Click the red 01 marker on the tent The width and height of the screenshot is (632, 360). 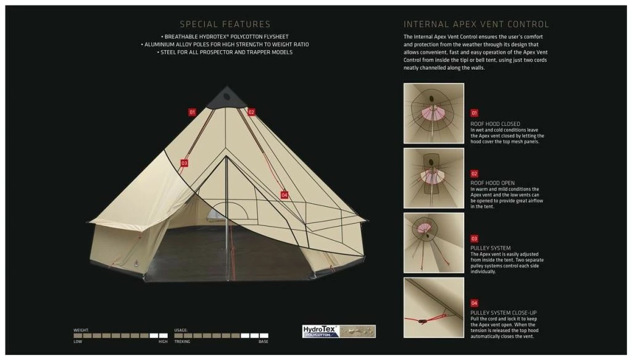click(192, 112)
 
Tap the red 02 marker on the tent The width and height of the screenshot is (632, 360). click(251, 112)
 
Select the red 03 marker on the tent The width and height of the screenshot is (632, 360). click(184, 163)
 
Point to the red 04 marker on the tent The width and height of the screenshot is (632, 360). click(284, 195)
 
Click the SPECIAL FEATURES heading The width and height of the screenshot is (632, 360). click(225, 24)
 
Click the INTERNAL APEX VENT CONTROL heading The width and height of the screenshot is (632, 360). click(476, 24)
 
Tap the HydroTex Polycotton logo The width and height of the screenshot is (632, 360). click(339, 332)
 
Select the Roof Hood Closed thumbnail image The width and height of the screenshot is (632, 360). click(434, 113)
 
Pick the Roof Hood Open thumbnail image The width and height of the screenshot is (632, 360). click(434, 178)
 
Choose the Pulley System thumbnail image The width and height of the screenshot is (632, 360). click(434, 243)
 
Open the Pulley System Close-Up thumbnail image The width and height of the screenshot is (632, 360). click(434, 308)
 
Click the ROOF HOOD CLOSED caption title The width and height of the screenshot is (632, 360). click(495, 123)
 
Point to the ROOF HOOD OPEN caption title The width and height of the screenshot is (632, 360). click(492, 183)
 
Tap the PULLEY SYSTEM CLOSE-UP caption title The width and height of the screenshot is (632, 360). click(504, 313)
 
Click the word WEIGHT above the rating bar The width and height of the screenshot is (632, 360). click(81, 330)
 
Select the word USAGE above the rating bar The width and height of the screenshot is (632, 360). click(181, 330)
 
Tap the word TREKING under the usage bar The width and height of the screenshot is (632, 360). click(182, 341)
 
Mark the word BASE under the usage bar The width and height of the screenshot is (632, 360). click(263, 341)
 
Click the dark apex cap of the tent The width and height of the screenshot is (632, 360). click(227, 98)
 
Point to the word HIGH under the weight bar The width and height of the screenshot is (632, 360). click(163, 341)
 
